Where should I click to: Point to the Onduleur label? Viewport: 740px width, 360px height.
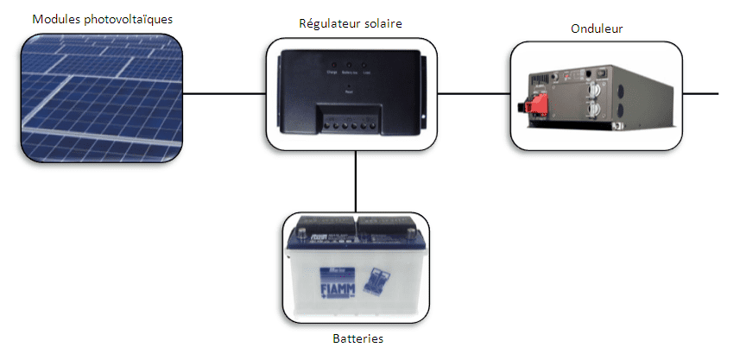pyautogui.click(x=597, y=28)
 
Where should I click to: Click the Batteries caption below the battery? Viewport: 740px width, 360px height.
pyautogui.click(x=357, y=338)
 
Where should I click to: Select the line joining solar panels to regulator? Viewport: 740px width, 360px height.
pyautogui.click(x=225, y=92)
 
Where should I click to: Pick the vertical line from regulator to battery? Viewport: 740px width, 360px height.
pyautogui.click(x=356, y=181)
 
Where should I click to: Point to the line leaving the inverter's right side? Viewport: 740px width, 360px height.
pyautogui.click(x=700, y=92)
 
